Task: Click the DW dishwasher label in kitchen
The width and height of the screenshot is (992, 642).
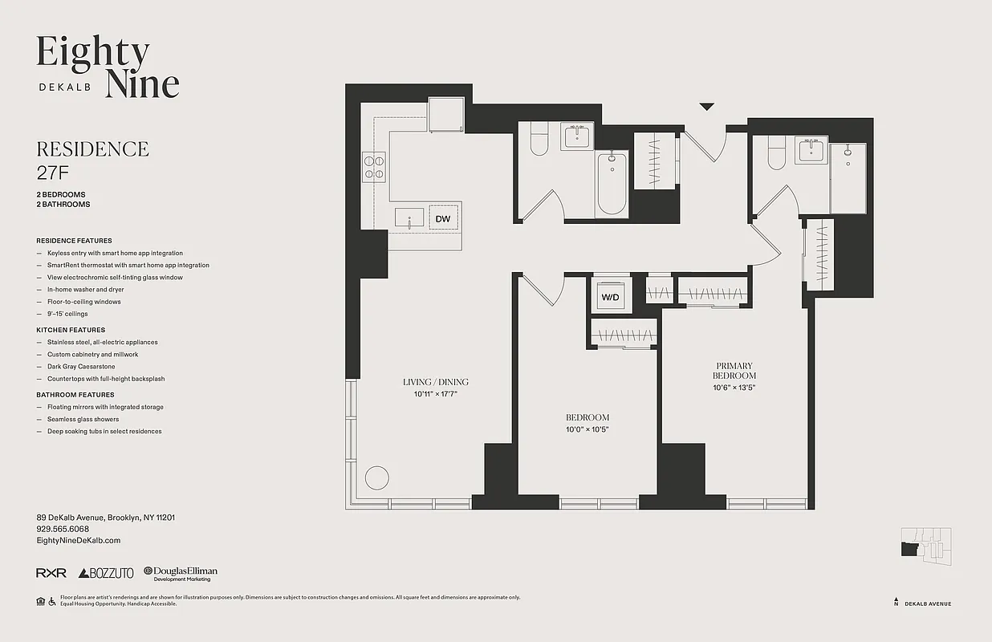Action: click(442, 218)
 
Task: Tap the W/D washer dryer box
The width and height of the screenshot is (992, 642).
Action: click(611, 297)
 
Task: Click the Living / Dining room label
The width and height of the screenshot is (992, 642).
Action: click(435, 382)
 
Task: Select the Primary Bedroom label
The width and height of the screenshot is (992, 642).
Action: click(734, 370)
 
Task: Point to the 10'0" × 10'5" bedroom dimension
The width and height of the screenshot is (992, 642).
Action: click(587, 429)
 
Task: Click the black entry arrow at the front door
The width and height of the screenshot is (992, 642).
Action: click(706, 106)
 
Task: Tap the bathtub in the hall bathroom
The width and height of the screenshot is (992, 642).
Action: click(612, 185)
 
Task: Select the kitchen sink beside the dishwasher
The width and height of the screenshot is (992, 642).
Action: click(409, 218)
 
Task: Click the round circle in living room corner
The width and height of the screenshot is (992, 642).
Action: click(377, 477)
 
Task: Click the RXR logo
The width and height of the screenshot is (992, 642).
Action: click(51, 573)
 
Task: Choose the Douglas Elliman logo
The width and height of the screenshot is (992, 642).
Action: click(181, 573)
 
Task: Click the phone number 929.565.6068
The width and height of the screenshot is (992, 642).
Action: click(63, 529)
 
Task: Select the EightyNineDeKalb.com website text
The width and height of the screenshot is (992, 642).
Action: click(79, 541)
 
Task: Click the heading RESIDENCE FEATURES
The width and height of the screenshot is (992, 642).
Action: click(74, 241)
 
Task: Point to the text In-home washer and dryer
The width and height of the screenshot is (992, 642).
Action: click(85, 290)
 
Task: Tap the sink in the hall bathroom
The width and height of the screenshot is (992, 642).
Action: click(575, 136)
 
